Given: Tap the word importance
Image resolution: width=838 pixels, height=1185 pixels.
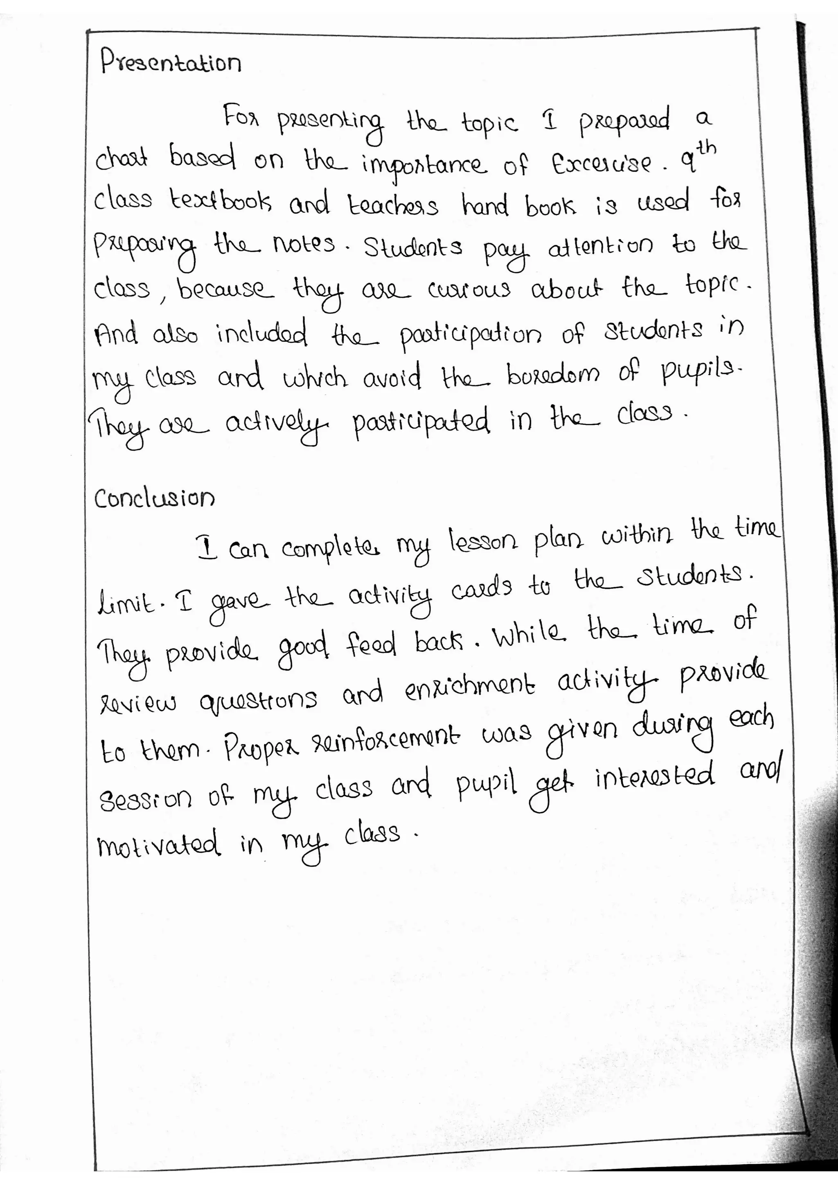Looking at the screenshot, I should [424, 165].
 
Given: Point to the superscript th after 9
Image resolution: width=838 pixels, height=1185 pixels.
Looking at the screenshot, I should [705, 148].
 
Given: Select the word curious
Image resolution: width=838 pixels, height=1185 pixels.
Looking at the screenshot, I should [469, 291].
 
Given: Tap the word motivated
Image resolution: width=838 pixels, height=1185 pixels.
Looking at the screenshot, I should [158, 845].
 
